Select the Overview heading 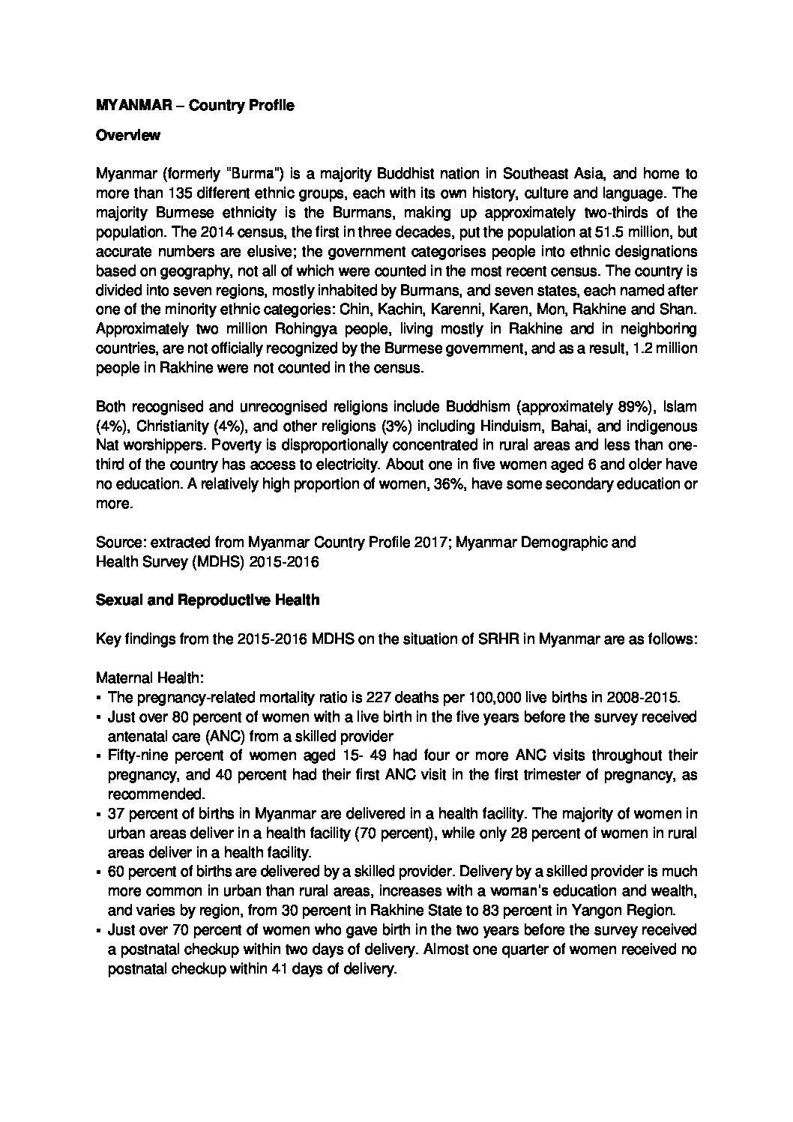click(x=128, y=136)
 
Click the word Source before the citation click(x=117, y=542)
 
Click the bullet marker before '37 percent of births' click(x=100, y=814)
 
